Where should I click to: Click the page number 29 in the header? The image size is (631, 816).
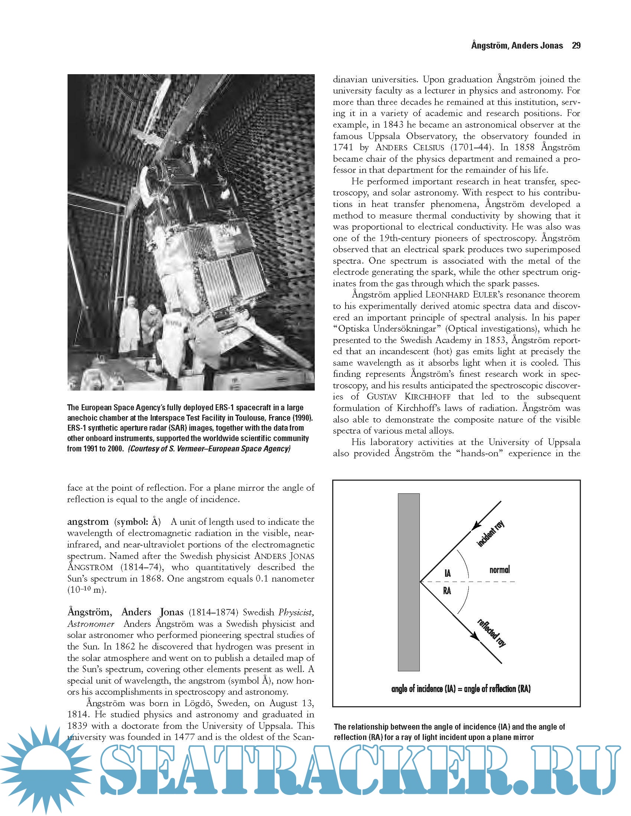coord(576,46)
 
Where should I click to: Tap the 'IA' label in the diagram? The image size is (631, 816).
coord(448,573)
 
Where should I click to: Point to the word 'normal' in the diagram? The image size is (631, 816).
coord(499,570)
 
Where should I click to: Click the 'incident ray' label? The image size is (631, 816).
coord(491,534)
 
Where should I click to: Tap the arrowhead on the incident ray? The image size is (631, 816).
coord(475,525)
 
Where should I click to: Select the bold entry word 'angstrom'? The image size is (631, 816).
coord(88,521)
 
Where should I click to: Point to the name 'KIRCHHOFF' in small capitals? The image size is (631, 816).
coord(427,397)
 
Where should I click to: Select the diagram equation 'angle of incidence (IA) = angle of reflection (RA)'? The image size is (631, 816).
coord(461,689)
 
